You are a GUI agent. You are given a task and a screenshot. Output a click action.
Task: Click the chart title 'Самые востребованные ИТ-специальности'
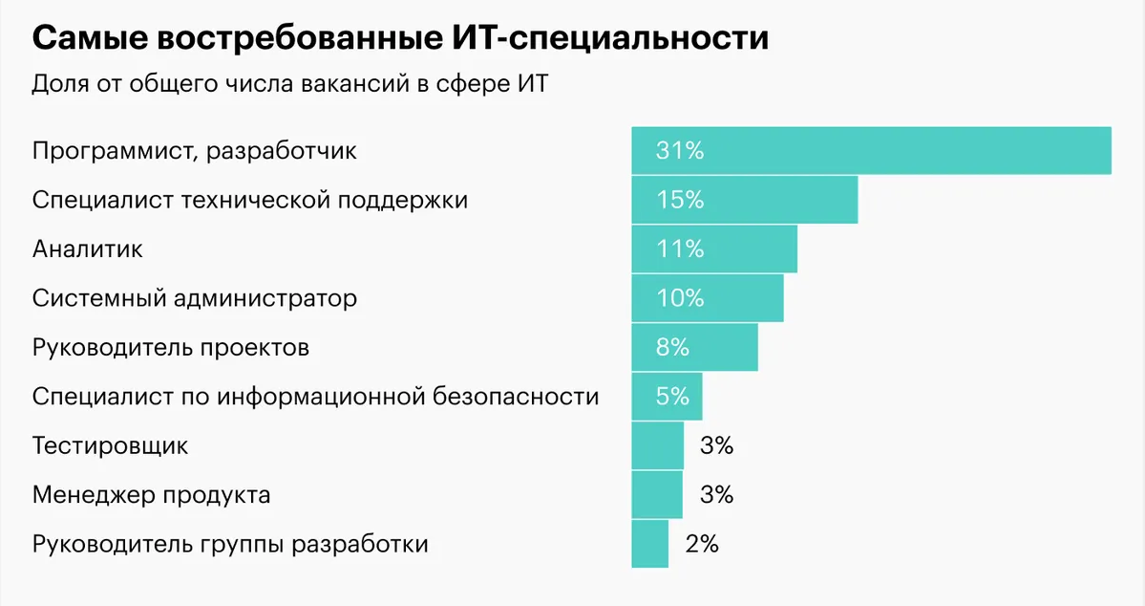400,39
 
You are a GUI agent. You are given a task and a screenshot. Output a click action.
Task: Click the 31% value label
679,151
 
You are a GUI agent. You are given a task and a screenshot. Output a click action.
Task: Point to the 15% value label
679,200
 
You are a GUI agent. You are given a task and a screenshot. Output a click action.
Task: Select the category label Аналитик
87,249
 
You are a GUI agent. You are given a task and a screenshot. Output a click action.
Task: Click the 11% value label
679,249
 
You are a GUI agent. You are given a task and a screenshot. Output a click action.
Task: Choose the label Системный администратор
194,298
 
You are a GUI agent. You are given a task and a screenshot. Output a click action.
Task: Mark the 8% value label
672,347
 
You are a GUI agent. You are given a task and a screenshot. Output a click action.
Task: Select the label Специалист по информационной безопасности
315,397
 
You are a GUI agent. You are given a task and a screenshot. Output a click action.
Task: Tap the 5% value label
672,397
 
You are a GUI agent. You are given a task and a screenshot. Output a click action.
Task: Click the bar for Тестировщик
657,445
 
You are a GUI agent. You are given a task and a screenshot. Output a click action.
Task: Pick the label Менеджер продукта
151,495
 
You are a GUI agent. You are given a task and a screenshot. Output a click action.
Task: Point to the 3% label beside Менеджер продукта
716,495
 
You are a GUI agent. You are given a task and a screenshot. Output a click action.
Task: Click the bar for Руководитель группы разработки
649,544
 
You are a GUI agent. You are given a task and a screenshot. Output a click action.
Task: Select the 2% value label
702,545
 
